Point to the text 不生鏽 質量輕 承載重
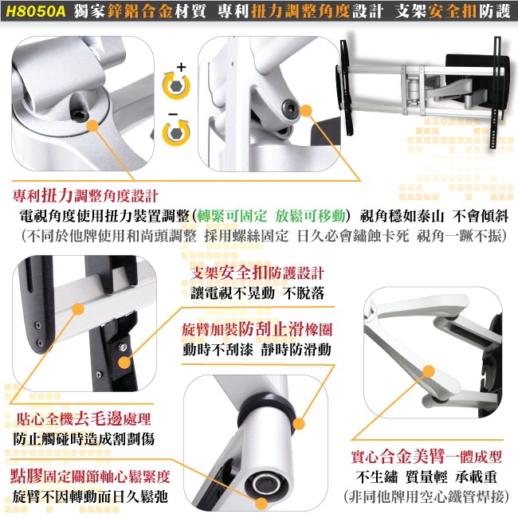tap(426, 478)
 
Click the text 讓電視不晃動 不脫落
tap(258, 292)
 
